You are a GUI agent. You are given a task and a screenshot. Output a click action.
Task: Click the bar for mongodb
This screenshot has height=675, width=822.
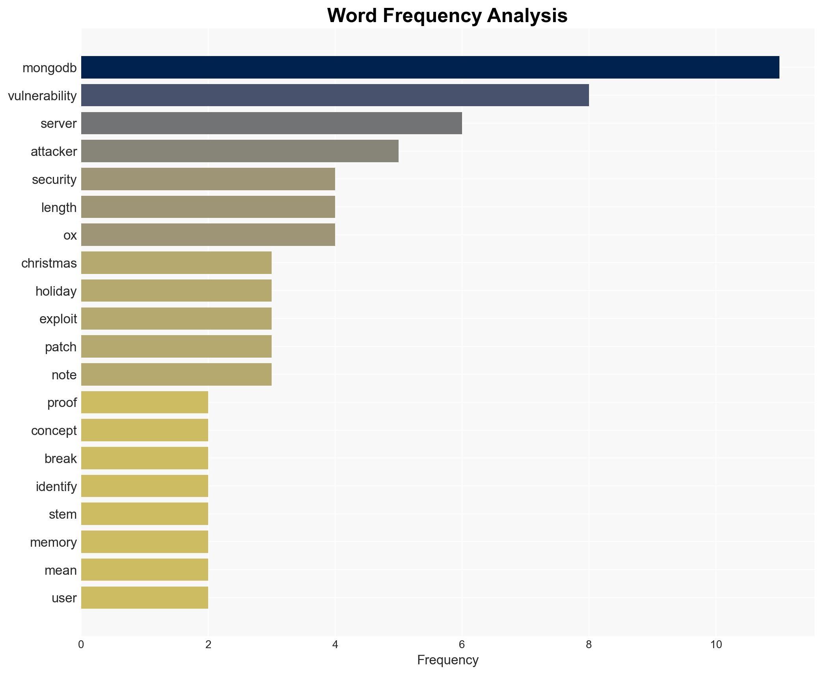pyautogui.click(x=430, y=67)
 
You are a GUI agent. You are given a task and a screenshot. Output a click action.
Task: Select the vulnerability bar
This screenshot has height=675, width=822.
pyautogui.click(x=335, y=95)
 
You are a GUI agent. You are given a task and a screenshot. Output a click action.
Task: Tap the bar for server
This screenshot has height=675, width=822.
pyautogui.click(x=271, y=123)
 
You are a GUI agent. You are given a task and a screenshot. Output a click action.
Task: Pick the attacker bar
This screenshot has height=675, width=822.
pyautogui.click(x=240, y=151)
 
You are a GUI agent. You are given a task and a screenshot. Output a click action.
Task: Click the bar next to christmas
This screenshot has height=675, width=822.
pyautogui.click(x=176, y=263)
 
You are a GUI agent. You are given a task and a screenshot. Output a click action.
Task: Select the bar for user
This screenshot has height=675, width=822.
pyautogui.click(x=144, y=598)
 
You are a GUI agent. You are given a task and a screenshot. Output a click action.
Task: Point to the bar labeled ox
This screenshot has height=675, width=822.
pyautogui.click(x=208, y=235)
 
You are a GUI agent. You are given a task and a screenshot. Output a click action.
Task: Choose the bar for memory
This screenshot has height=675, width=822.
pyautogui.click(x=144, y=542)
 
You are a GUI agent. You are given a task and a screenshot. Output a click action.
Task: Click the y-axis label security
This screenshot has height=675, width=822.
pyautogui.click(x=54, y=180)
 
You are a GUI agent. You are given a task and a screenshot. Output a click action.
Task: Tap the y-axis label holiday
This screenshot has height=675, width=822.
pyautogui.click(x=56, y=291)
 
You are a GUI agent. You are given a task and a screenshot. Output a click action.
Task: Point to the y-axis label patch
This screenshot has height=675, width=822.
pyautogui.click(x=60, y=347)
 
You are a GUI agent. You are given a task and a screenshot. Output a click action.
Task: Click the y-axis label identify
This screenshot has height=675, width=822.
pyautogui.click(x=56, y=487)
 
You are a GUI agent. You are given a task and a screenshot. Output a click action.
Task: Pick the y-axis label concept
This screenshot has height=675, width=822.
pyautogui.click(x=54, y=431)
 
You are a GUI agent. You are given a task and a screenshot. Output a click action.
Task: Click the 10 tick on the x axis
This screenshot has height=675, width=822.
pyautogui.click(x=716, y=645)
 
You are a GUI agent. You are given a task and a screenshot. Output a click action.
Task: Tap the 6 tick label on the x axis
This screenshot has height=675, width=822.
pyautogui.click(x=462, y=645)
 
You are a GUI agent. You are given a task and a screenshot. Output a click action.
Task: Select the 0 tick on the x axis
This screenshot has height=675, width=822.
pyautogui.click(x=81, y=645)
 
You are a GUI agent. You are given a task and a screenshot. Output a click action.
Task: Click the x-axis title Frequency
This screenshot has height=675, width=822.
pyautogui.click(x=447, y=660)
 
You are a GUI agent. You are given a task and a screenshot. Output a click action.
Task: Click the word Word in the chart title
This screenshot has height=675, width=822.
pyautogui.click(x=352, y=16)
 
